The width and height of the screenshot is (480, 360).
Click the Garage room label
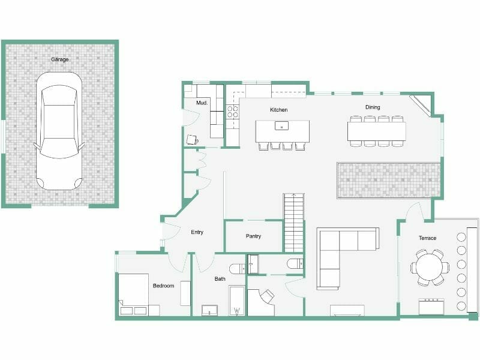[59, 59]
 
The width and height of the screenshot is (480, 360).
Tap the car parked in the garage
[59, 131]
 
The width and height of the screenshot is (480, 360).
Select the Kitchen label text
[278, 110]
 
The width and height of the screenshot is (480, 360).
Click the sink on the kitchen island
[281, 126]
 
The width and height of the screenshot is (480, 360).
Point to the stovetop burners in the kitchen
[232, 112]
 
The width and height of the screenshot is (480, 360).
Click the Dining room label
[373, 107]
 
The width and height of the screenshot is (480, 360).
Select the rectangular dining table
[377, 131]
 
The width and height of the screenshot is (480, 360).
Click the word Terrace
[427, 238]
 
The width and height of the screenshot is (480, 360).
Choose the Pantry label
[253, 236]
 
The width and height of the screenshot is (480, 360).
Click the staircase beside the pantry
[293, 223]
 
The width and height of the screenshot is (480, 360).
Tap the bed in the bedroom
[133, 295]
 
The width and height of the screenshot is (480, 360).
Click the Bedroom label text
[163, 286]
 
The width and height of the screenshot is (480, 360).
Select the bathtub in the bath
[236, 301]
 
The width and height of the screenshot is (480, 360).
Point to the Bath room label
[220, 279]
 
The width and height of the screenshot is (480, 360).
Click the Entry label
[197, 232]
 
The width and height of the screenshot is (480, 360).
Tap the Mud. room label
[202, 103]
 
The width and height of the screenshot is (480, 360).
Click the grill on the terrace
[431, 306]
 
